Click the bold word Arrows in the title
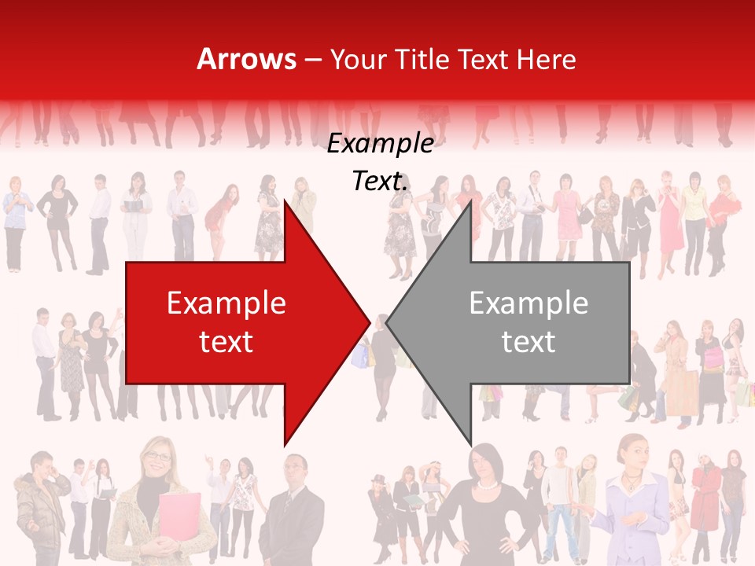[246, 60]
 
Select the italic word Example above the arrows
[381, 144]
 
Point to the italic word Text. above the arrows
[381, 182]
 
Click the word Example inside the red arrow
[226, 303]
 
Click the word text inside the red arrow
[226, 342]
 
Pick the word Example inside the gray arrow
[528, 303]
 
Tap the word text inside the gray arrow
[528, 342]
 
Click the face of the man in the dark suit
[296, 472]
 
